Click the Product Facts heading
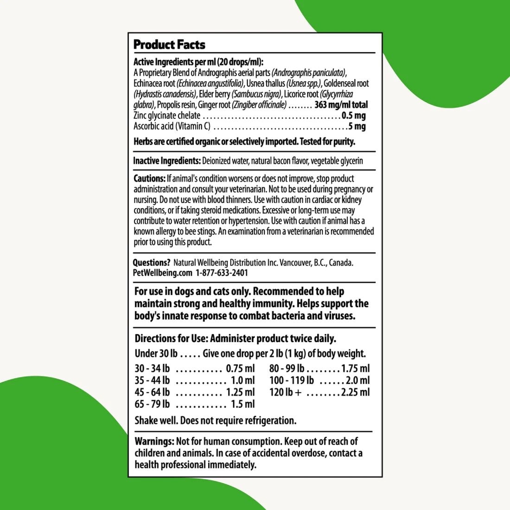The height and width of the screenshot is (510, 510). pos(169,45)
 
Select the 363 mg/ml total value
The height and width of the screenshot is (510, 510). pos(341,105)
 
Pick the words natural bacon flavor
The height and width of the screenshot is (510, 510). pos(278,161)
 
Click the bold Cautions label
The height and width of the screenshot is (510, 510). pos(149,178)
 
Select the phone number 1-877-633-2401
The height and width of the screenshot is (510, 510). pos(222,273)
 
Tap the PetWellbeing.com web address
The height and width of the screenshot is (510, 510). pos(162,273)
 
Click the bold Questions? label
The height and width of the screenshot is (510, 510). pos(152,262)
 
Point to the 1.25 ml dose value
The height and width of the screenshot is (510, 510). pos(240,392)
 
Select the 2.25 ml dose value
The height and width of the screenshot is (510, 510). pos(355,392)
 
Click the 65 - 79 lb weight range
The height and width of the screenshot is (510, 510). pos(152,404)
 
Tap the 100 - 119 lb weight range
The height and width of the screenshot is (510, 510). pos(292,381)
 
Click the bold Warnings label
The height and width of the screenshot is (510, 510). pos(154,441)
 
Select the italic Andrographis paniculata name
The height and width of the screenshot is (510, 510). pos(309,73)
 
